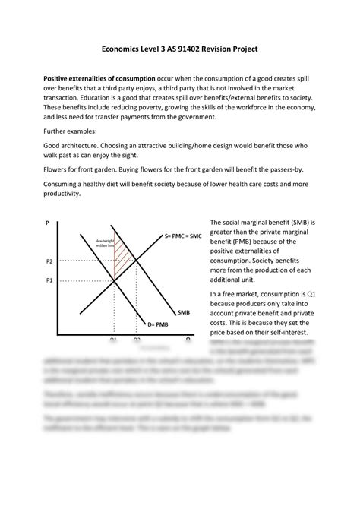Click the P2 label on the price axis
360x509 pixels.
[x=49, y=261]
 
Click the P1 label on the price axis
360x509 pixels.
[x=49, y=280]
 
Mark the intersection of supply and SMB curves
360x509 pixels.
[x=137, y=261]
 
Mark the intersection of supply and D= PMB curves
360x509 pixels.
[x=114, y=280]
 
